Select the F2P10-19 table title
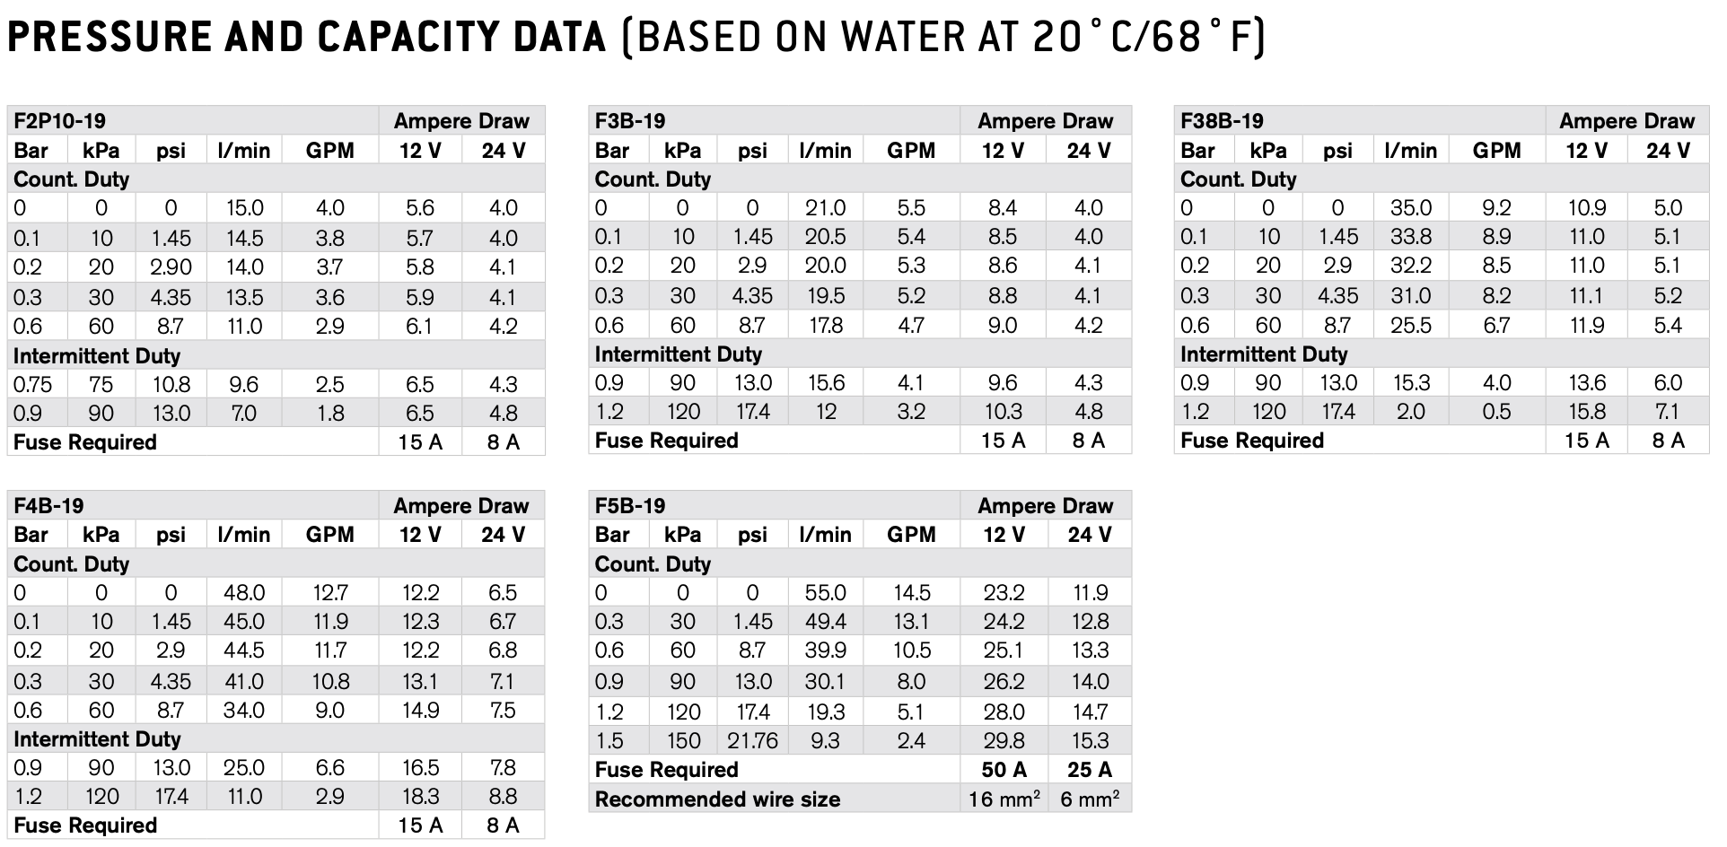[60, 121]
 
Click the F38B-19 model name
[1222, 121]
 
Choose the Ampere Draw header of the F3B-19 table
[1045, 121]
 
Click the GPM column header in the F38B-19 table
[1496, 151]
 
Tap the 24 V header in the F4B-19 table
[503, 535]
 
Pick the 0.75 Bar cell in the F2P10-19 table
[32, 385]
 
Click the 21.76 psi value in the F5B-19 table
[752, 741]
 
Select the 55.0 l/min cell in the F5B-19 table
[825, 593]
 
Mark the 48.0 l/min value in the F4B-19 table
[243, 593]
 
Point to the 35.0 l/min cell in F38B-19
[1410, 208]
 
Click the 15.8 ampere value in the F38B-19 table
[1586, 412]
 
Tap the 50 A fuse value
[1004, 770]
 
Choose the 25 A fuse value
[1089, 770]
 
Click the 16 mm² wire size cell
[1004, 799]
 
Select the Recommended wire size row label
[717, 799]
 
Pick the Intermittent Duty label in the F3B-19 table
[677, 354]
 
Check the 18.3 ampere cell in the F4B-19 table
[420, 797]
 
